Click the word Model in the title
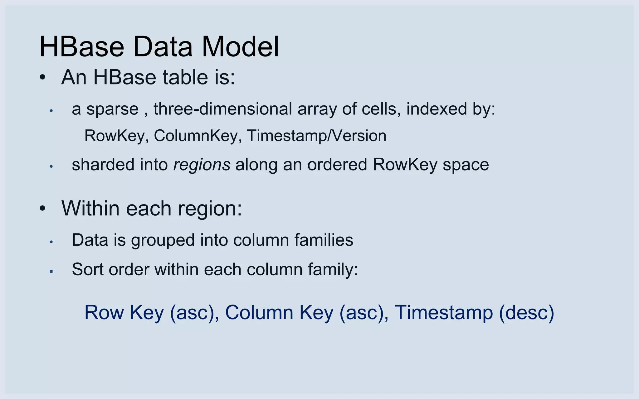(x=240, y=47)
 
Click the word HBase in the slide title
(x=82, y=47)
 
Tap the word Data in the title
(x=163, y=47)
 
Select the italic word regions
(x=202, y=165)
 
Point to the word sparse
(x=112, y=109)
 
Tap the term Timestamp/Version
(x=316, y=136)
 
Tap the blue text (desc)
(x=526, y=313)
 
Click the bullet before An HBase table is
(x=43, y=78)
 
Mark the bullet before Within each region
(x=43, y=209)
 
